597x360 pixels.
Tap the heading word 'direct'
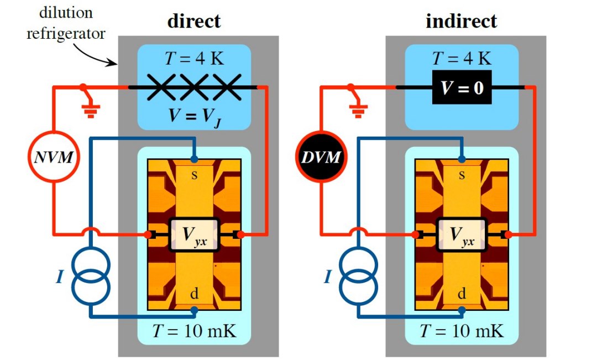(x=193, y=21)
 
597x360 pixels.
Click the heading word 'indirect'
(x=461, y=21)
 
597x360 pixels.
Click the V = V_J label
(x=193, y=117)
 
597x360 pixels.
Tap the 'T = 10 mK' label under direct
(x=193, y=332)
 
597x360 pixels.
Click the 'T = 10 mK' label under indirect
(x=462, y=332)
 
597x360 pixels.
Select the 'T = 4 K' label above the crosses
(x=193, y=58)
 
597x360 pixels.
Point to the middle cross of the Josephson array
(x=193, y=87)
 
